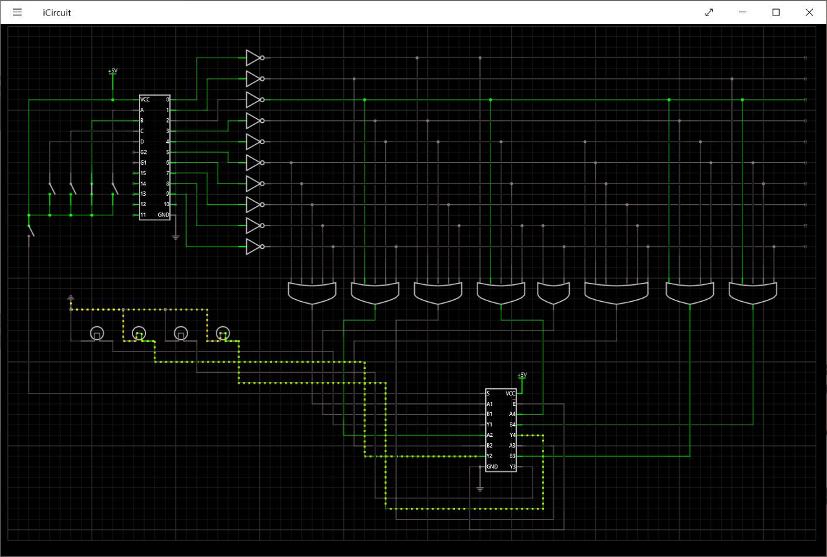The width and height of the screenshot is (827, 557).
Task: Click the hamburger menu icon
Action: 17,12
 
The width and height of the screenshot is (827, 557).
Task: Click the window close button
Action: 809,12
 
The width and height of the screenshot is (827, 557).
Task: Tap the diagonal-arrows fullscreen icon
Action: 709,12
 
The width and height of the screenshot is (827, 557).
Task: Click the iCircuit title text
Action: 57,12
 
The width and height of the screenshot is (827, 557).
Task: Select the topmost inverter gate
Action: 254,58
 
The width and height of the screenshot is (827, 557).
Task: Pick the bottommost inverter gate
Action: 254,247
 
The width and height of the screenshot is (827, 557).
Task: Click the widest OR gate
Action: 616,292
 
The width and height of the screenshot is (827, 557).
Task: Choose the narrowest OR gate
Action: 554,293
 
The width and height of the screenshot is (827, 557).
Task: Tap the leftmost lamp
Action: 96,334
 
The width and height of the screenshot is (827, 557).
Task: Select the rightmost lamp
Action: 222,334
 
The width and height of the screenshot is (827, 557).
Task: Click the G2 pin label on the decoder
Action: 143,152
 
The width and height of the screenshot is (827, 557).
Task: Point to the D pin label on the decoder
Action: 142,142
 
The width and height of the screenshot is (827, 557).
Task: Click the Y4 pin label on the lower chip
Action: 512,435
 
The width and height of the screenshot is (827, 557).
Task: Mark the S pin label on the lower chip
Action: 488,393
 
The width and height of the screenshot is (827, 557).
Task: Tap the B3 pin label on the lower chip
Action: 512,456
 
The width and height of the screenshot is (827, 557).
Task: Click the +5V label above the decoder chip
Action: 112,70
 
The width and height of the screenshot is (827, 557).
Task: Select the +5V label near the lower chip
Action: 521,375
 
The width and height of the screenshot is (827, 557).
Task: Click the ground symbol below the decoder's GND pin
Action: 175,237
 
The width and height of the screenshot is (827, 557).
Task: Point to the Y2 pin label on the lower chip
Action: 490,456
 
